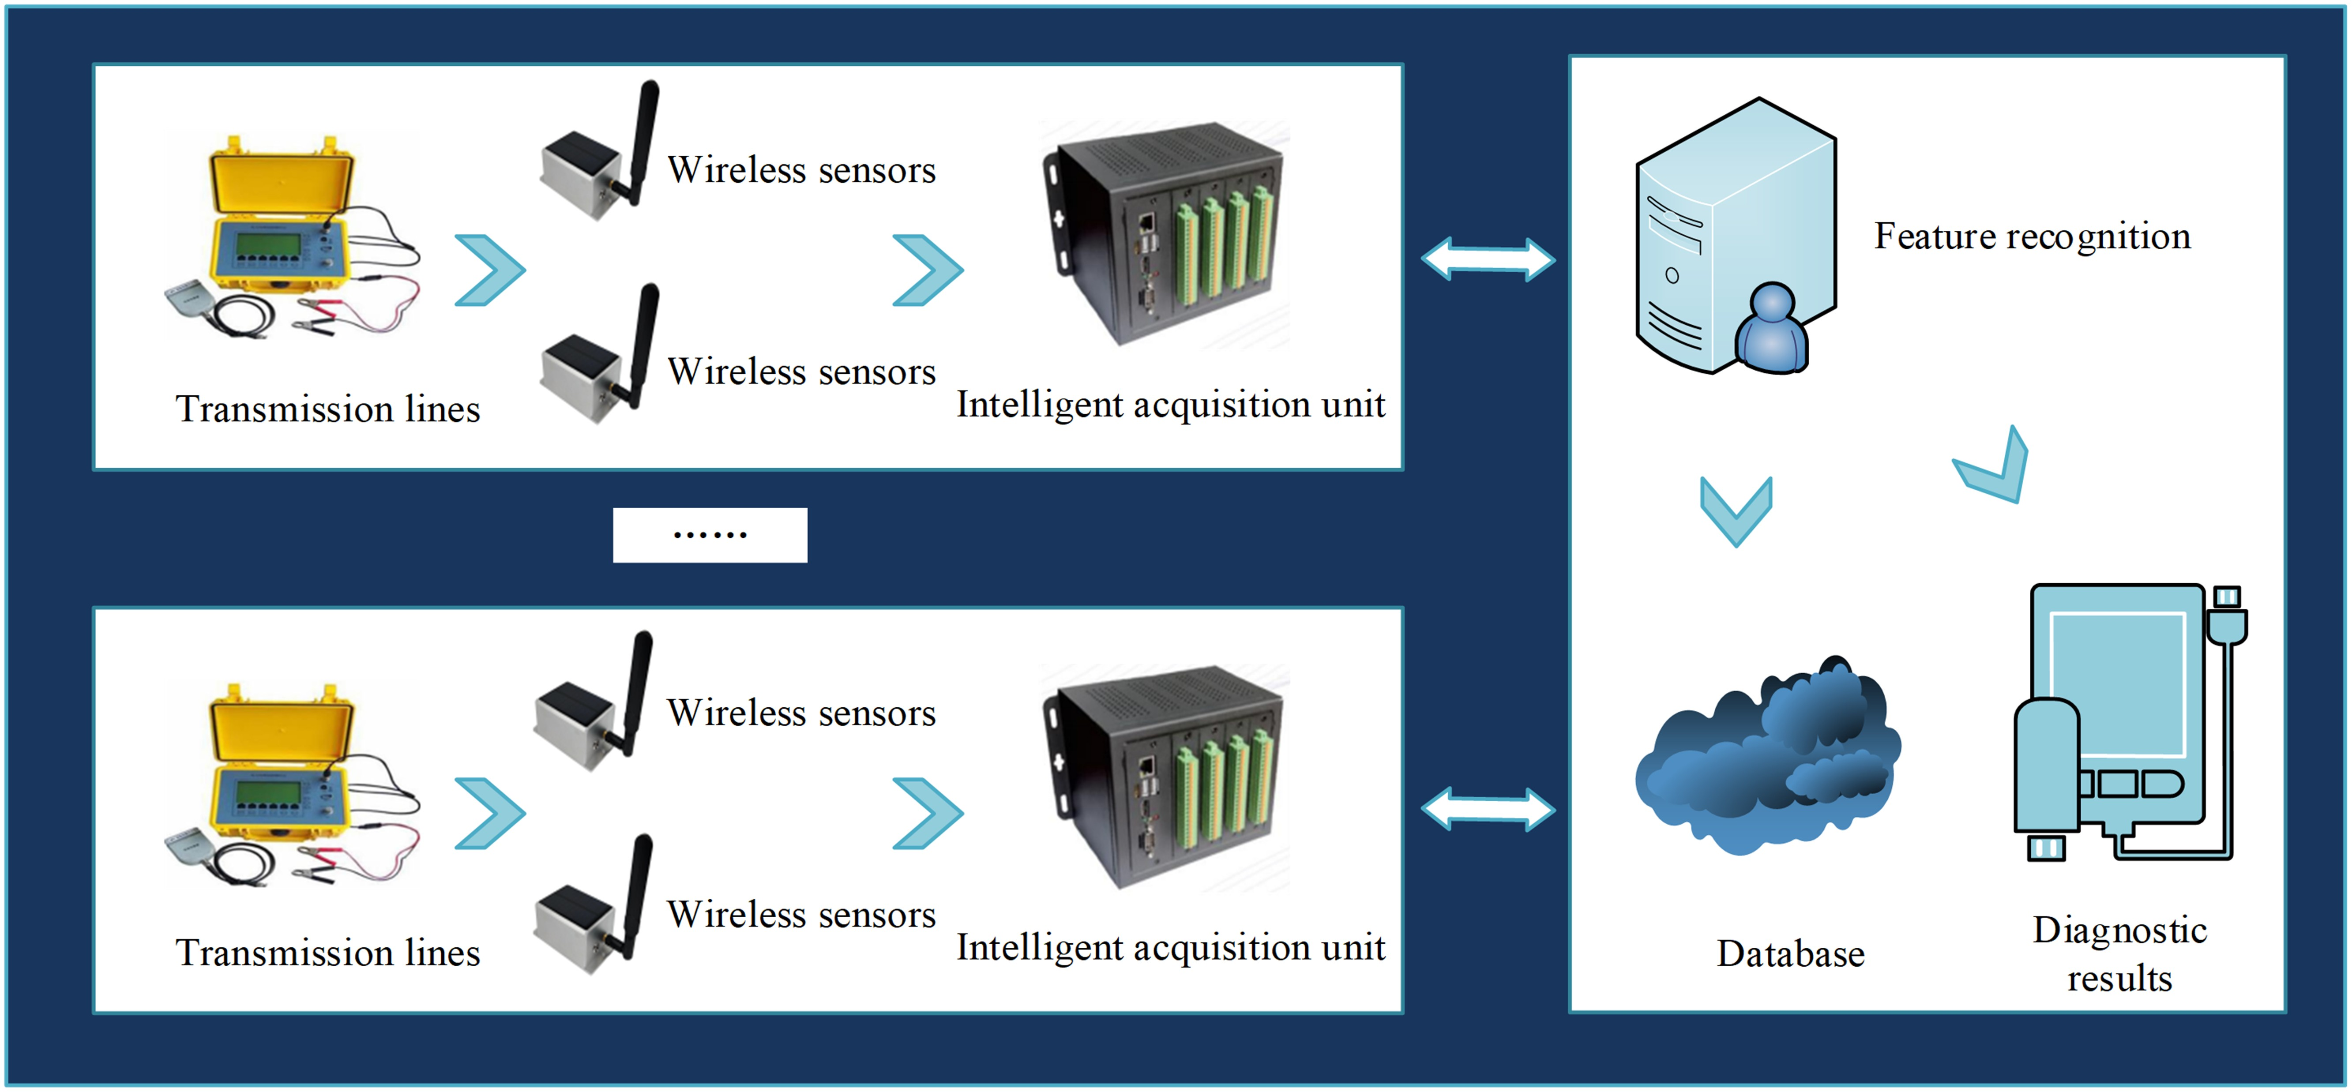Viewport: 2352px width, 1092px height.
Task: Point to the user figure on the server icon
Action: click(1771, 329)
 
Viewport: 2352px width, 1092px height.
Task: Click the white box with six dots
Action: click(710, 535)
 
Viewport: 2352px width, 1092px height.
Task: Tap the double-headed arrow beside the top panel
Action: click(1488, 259)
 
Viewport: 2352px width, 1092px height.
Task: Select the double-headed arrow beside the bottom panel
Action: click(1488, 809)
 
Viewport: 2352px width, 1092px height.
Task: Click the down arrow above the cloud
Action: click(1736, 511)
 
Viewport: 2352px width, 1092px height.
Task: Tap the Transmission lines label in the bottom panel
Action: click(328, 952)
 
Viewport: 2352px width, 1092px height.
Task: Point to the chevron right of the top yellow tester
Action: click(490, 270)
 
